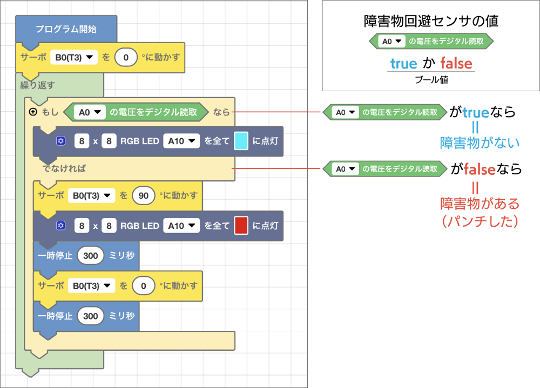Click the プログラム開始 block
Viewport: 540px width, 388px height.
[x=66, y=29]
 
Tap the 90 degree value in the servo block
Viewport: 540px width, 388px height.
[x=143, y=195]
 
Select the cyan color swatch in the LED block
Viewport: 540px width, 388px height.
[x=241, y=141]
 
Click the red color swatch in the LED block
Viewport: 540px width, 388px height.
[x=241, y=226]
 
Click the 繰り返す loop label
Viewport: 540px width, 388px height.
[x=33, y=85]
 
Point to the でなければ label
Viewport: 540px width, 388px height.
[x=64, y=168]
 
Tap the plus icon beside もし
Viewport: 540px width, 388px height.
[x=33, y=112]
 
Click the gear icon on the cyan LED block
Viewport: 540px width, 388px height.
[x=61, y=141]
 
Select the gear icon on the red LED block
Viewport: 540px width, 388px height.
[x=61, y=226]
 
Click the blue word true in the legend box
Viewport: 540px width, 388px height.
[x=403, y=64]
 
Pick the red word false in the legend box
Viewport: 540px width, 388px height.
[x=456, y=64]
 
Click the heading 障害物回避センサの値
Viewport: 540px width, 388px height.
[x=431, y=22]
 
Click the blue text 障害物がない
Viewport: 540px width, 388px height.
[x=480, y=143]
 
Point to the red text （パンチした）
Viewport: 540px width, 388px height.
[x=480, y=221]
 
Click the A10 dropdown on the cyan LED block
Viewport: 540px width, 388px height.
[x=181, y=141]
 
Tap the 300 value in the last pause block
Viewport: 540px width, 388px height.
[x=91, y=316]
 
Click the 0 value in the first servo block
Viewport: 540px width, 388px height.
[x=126, y=57]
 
